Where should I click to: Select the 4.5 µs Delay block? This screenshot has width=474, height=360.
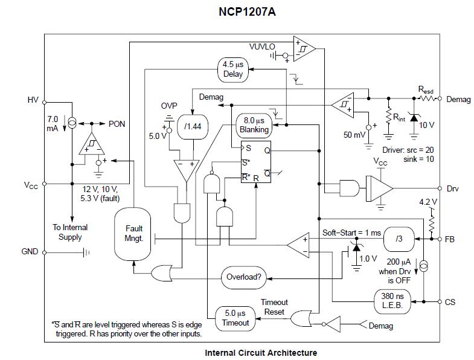(x=233, y=69)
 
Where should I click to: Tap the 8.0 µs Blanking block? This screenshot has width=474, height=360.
(x=254, y=125)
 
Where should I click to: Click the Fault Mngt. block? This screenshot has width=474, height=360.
(x=133, y=233)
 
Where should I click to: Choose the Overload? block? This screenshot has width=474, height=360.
(x=243, y=278)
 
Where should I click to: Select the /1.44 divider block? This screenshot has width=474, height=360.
(x=193, y=126)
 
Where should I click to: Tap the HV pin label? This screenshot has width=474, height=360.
(x=33, y=99)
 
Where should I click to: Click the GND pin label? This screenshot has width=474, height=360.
(x=30, y=251)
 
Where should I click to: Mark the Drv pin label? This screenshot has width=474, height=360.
(x=452, y=188)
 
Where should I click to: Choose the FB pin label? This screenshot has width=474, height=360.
(x=450, y=239)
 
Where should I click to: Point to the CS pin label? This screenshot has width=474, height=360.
(x=450, y=301)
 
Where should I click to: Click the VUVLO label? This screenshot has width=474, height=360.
(x=262, y=47)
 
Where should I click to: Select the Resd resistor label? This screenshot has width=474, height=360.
(x=426, y=89)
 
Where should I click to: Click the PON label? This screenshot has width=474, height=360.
(x=117, y=124)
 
